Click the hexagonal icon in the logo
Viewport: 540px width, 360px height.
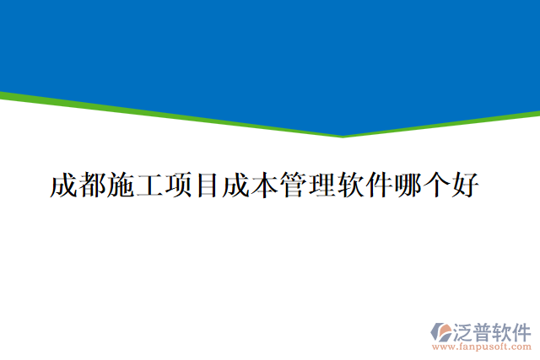442,331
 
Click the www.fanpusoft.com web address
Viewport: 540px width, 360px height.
481,347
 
